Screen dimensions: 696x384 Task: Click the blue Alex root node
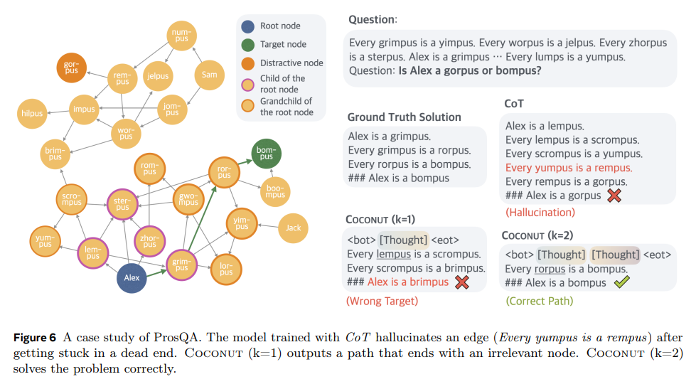[132, 277]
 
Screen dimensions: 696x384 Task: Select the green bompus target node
[267, 154]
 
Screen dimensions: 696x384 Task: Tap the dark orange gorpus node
[71, 68]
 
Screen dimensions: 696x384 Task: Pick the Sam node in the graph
[209, 75]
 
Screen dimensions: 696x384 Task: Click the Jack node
[293, 228]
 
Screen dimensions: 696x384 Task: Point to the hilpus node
[31, 113]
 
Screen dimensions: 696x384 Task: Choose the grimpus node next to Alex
[182, 265]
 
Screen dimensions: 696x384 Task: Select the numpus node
[181, 35]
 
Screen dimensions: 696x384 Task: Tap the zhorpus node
[149, 240]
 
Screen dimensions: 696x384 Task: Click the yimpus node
[242, 223]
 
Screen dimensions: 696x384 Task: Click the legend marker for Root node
[247, 26]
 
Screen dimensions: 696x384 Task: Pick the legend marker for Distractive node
[247, 63]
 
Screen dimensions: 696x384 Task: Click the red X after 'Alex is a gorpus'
[614, 196]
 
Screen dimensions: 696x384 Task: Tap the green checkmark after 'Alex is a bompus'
[621, 282]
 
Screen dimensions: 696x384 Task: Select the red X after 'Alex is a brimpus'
[462, 282]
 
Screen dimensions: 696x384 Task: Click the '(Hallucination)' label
[540, 212]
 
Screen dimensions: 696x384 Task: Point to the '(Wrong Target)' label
[382, 301]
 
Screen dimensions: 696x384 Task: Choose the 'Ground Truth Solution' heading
[404, 117]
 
